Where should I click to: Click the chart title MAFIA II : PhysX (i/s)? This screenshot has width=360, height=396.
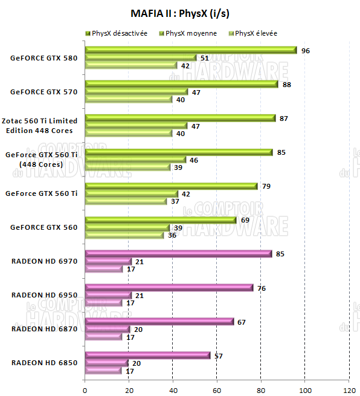tap(179, 13)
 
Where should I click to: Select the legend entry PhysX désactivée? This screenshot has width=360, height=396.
tap(120, 33)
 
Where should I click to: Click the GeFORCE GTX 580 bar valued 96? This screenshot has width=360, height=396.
tap(191, 50)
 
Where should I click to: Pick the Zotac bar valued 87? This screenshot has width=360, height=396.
tap(181, 118)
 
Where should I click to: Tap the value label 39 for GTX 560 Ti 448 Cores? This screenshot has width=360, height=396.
tap(178, 167)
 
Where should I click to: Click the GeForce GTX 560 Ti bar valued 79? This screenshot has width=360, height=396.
tap(172, 186)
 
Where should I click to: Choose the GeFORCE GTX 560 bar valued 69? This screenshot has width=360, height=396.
tap(161, 220)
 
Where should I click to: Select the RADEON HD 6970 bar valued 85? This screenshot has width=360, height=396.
tap(178, 254)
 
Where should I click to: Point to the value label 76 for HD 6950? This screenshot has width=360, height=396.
tap(261, 288)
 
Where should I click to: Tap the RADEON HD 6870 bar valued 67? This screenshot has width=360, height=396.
tap(159, 322)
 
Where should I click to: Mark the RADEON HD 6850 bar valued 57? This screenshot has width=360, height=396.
tap(148, 355)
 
